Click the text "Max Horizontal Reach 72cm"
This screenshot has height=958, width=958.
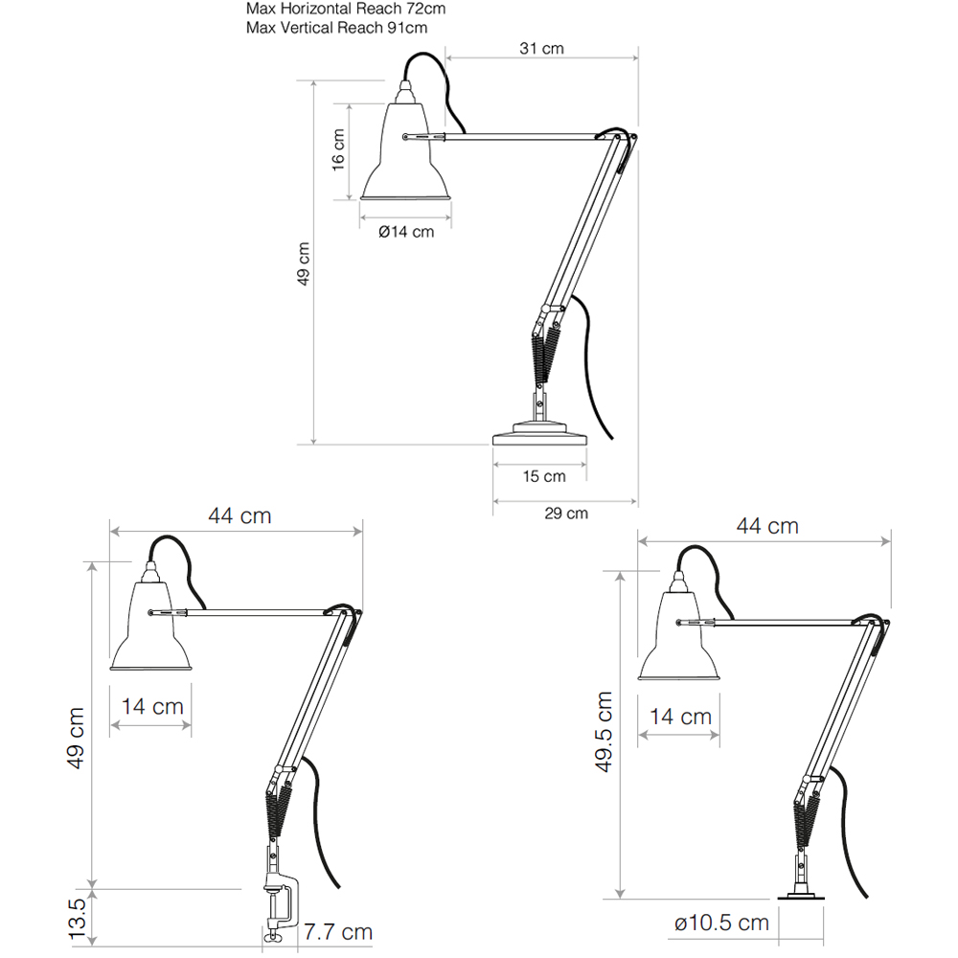(x=346, y=9)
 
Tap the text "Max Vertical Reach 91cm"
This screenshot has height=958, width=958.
(x=336, y=28)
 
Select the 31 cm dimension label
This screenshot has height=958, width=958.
(x=541, y=48)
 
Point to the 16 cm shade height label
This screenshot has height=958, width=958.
(x=338, y=149)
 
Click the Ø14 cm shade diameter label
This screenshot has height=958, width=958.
(x=406, y=232)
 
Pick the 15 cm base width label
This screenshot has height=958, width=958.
(x=544, y=476)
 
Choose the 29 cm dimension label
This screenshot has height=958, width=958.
(x=566, y=513)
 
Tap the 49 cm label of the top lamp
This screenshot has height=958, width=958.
(x=304, y=264)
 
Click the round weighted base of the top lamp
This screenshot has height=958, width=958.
(x=539, y=433)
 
